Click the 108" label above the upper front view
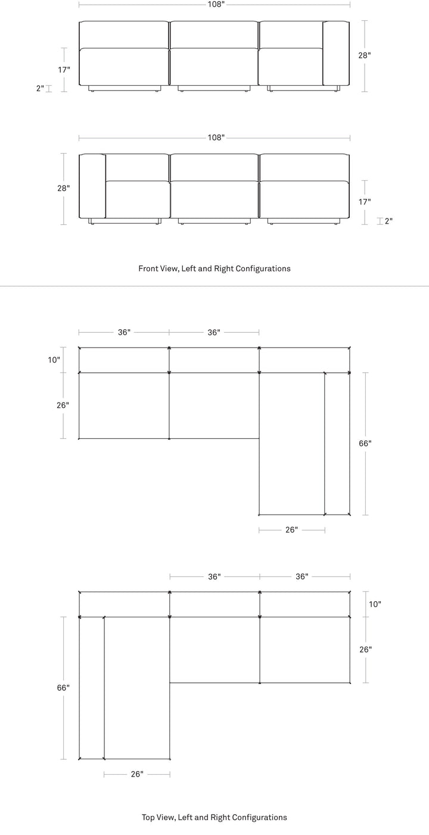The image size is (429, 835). [216, 5]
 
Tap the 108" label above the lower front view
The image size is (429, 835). [216, 138]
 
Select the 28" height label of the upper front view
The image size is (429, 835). [365, 55]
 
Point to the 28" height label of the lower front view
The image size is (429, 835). [64, 188]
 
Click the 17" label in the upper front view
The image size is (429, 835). [64, 70]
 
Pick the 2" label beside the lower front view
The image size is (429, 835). [388, 221]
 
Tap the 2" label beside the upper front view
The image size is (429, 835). [41, 88]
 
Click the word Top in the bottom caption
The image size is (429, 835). [148, 818]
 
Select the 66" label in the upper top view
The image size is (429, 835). [365, 443]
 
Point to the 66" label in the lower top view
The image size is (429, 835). [63, 688]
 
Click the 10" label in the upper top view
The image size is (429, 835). [54, 360]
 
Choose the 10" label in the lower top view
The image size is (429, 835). [375, 604]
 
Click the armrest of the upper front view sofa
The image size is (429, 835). [336, 53]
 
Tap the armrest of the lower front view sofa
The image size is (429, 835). [92, 186]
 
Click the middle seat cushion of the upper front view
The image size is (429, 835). [214, 67]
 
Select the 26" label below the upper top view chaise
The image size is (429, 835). [292, 530]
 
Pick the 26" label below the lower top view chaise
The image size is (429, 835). [137, 774]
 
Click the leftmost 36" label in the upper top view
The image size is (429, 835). [125, 332]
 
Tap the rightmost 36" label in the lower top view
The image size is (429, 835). [302, 577]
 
